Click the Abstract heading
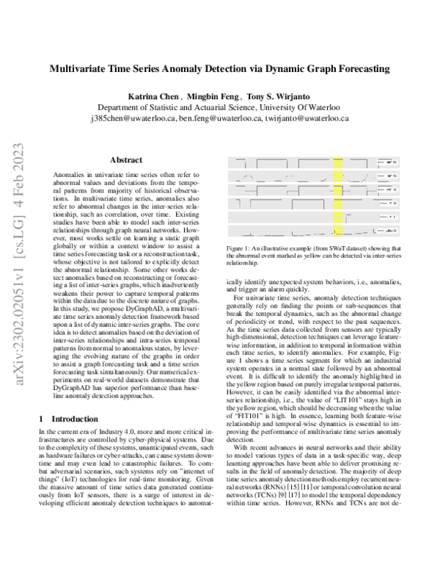(x=125, y=159)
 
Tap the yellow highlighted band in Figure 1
(x=339, y=195)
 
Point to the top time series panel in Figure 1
(x=301, y=161)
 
